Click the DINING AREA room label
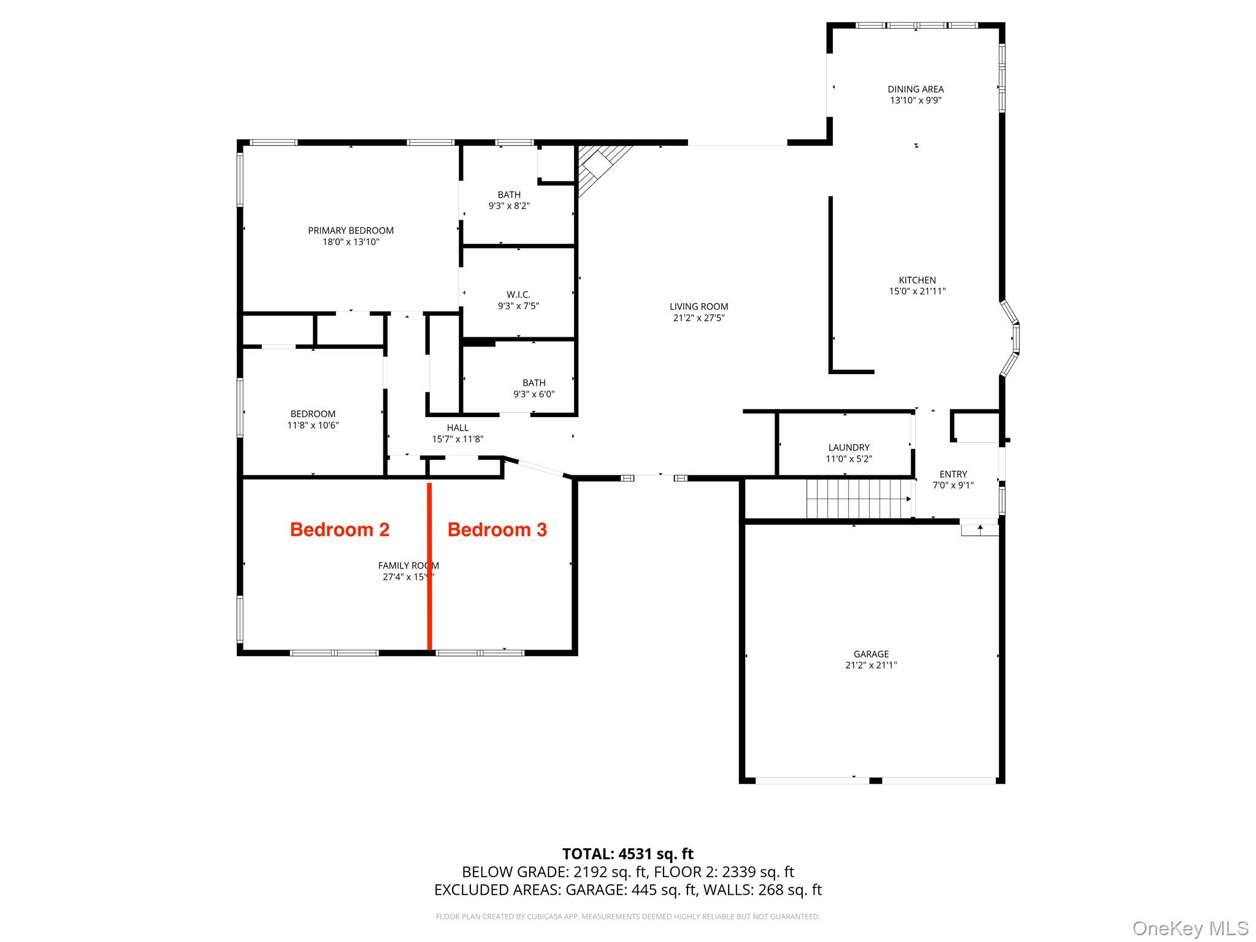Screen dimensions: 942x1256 [915, 90]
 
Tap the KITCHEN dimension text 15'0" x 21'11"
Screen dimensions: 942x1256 [917, 291]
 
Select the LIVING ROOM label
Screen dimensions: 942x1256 [699, 307]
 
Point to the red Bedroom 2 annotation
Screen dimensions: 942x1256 [340, 529]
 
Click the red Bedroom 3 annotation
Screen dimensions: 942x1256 [497, 529]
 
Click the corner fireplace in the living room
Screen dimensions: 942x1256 [598, 166]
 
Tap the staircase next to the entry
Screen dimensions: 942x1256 [857, 499]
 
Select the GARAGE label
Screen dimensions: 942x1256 [871, 654]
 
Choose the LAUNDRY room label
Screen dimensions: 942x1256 [849, 448]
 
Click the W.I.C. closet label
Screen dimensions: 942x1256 [518, 295]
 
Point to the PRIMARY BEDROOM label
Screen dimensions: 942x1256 [351, 231]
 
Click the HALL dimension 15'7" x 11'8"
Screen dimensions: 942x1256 [458, 439]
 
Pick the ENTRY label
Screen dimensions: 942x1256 [953, 474]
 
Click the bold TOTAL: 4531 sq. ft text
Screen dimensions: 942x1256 [627, 854]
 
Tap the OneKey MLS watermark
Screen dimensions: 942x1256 [1190, 928]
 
